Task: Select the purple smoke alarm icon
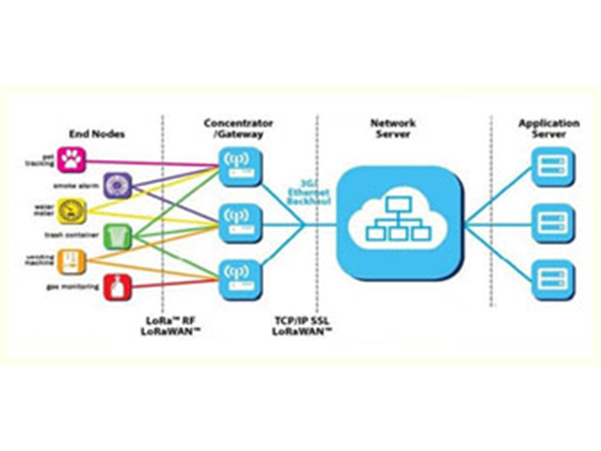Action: click(x=117, y=184)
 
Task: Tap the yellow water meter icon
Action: click(x=72, y=210)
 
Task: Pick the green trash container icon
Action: click(x=116, y=236)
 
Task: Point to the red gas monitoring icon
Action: click(x=117, y=286)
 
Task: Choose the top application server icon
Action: click(x=552, y=165)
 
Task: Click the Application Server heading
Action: click(x=549, y=128)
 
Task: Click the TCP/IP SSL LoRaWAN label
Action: click(x=303, y=325)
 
